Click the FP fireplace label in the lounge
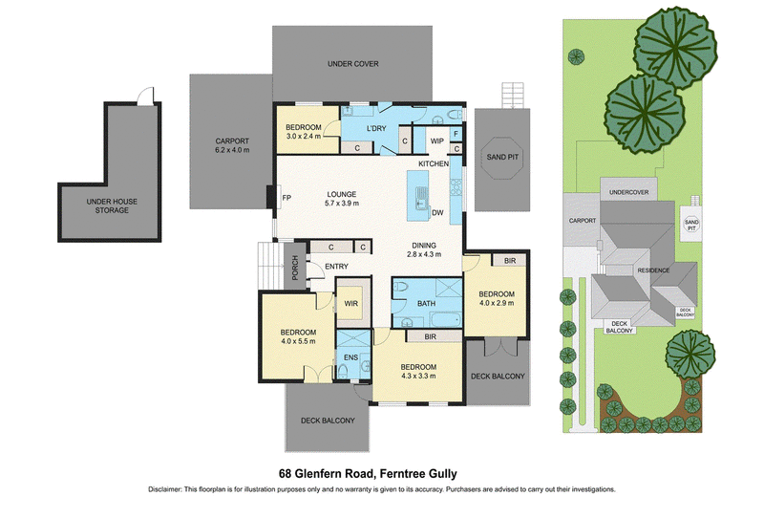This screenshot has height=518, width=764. coord(286,198)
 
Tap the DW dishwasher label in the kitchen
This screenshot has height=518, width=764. coord(437,213)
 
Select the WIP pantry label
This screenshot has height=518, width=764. coord(437,140)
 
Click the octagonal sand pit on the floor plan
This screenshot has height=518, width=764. coord(502,157)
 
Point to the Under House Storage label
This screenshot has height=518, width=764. coord(112,205)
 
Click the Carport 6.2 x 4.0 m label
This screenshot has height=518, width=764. coord(232,145)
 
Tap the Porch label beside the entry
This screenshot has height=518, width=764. coord(295,268)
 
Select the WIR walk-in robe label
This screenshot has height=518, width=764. coord(351,303)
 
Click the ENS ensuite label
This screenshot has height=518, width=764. coord(350,357)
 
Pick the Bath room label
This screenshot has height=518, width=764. coord(426,303)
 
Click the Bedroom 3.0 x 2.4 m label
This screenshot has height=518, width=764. coord(304,132)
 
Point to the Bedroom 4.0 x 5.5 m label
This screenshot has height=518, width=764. coord(298,336)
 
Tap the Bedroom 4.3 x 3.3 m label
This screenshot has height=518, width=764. coord(418,371)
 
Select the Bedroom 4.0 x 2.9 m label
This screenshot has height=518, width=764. coord(497,298)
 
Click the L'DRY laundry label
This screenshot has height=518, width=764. coord(376,128)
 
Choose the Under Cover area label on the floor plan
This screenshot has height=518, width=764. coord(352,64)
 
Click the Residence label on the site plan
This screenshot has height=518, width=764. coord(653,270)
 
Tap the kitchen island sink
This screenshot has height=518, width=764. coord(420,199)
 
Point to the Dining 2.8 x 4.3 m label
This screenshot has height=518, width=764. coord(424,249)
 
